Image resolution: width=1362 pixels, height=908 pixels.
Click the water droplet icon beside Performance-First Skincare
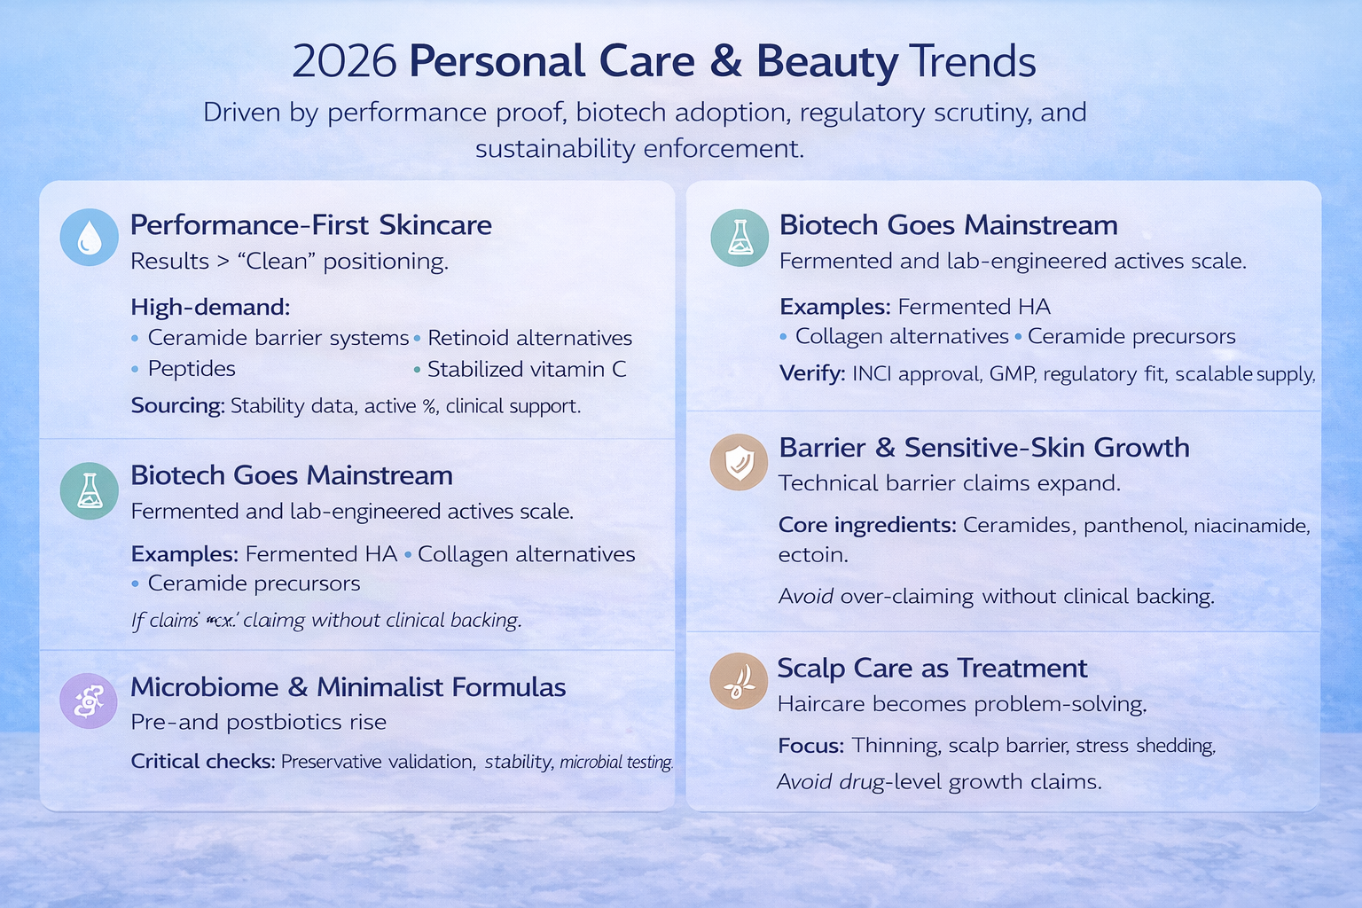(89, 238)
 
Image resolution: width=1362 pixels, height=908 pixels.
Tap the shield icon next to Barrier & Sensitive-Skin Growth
(739, 462)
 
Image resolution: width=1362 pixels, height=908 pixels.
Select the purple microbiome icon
(88, 701)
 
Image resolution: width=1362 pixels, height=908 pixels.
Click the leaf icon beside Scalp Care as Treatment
(739, 681)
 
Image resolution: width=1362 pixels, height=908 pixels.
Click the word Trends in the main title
(972, 62)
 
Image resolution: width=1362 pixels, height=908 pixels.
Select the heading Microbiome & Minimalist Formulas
(348, 687)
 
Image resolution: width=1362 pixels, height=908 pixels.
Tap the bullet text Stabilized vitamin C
(526, 369)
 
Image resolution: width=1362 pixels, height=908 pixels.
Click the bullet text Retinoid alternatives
(529, 338)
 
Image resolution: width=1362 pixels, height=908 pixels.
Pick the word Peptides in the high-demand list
(192, 369)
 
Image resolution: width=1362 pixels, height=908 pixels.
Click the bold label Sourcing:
(176, 406)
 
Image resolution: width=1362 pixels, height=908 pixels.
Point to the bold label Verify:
(811, 373)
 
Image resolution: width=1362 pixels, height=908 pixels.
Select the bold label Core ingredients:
(866, 525)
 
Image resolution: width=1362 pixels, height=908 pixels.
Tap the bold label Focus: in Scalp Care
(810, 746)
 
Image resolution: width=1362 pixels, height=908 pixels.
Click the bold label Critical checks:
(202, 762)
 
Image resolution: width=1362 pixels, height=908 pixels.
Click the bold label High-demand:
(210, 307)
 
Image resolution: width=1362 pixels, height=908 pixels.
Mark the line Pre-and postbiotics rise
(258, 722)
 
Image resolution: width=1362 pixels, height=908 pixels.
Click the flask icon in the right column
(739, 238)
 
